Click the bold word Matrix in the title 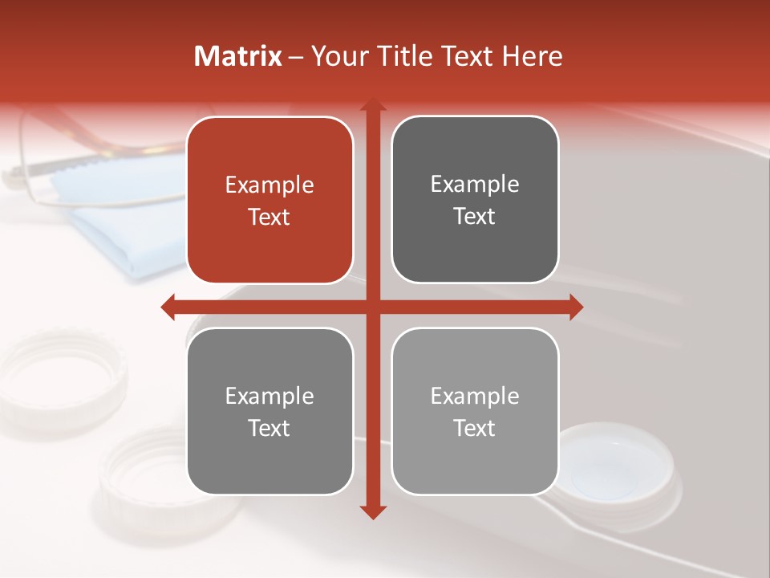pos(238,56)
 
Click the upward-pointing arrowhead pos(373,106)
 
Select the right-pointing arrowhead pos(575,307)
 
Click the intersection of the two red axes pos(373,307)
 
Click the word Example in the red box pos(269,185)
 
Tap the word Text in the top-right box pos(475,217)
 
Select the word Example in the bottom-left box pos(269,397)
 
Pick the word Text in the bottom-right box pos(475,428)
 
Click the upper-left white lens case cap pos(60,377)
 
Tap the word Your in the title pos(337,56)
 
